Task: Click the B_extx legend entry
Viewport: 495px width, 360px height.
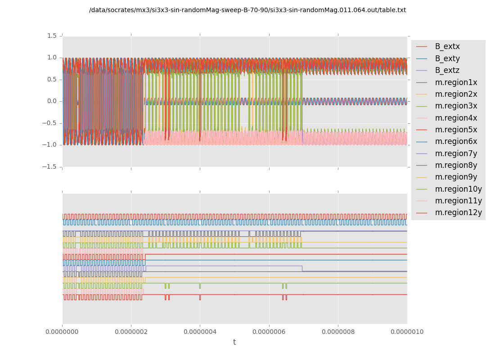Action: click(x=447, y=46)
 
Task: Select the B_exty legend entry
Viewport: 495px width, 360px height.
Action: click(x=447, y=58)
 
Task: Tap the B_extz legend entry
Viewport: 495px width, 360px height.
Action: click(x=447, y=70)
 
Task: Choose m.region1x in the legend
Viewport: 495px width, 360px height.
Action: click(x=456, y=82)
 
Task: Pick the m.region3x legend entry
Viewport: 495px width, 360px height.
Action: click(x=456, y=106)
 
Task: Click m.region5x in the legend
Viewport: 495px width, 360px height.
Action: click(x=456, y=130)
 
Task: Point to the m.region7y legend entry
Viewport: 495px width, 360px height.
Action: click(x=456, y=153)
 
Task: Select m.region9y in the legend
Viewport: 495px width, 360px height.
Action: click(x=456, y=177)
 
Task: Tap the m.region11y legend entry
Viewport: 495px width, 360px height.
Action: click(x=458, y=201)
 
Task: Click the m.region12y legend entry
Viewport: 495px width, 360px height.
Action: click(x=458, y=212)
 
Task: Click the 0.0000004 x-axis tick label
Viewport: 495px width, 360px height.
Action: click(x=200, y=332)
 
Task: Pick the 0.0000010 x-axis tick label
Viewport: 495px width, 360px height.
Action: click(x=407, y=332)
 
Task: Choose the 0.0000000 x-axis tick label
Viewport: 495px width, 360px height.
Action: click(x=62, y=332)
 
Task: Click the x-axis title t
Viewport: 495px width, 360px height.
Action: click(x=234, y=342)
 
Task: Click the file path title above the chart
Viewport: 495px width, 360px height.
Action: click(x=247, y=10)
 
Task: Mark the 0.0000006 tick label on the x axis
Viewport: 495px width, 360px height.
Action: click(x=269, y=332)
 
